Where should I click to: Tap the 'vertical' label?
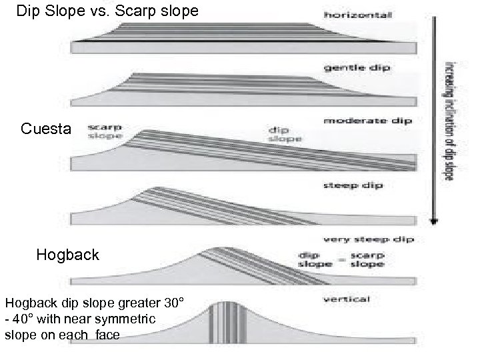pyautogui.click(x=347, y=299)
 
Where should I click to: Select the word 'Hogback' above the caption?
pyautogui.click(x=68, y=255)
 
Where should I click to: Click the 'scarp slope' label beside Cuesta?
pyautogui.click(x=103, y=131)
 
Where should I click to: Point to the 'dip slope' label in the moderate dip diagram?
pyautogui.click(x=285, y=134)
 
